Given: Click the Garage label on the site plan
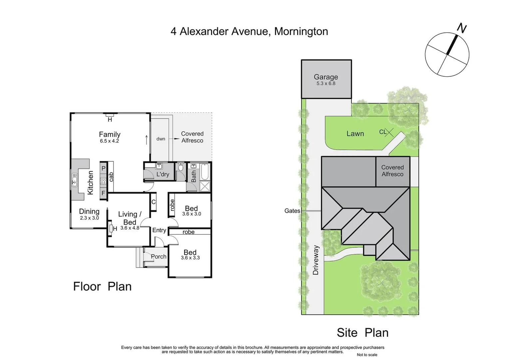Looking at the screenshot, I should [326, 77].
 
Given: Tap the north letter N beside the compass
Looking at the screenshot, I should [461, 28].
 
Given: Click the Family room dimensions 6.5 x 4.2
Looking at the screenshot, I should [109, 141].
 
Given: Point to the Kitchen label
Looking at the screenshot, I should [90, 183].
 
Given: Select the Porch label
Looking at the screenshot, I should [159, 257].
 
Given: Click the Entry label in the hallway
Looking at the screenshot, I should [159, 230].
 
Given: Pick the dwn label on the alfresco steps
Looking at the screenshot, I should [161, 139].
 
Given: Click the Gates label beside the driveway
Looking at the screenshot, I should [292, 211].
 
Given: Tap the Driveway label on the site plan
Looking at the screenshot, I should [316, 260].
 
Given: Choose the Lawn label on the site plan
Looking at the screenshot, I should [355, 134].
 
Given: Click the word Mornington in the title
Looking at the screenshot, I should [301, 31].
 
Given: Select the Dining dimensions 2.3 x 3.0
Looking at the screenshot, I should [89, 218].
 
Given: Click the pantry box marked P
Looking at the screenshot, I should [103, 169].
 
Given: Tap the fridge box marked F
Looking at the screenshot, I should [103, 193].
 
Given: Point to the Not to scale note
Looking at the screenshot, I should [367, 355].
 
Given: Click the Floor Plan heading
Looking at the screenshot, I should [102, 287].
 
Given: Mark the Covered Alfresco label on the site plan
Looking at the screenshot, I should [392, 171].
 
